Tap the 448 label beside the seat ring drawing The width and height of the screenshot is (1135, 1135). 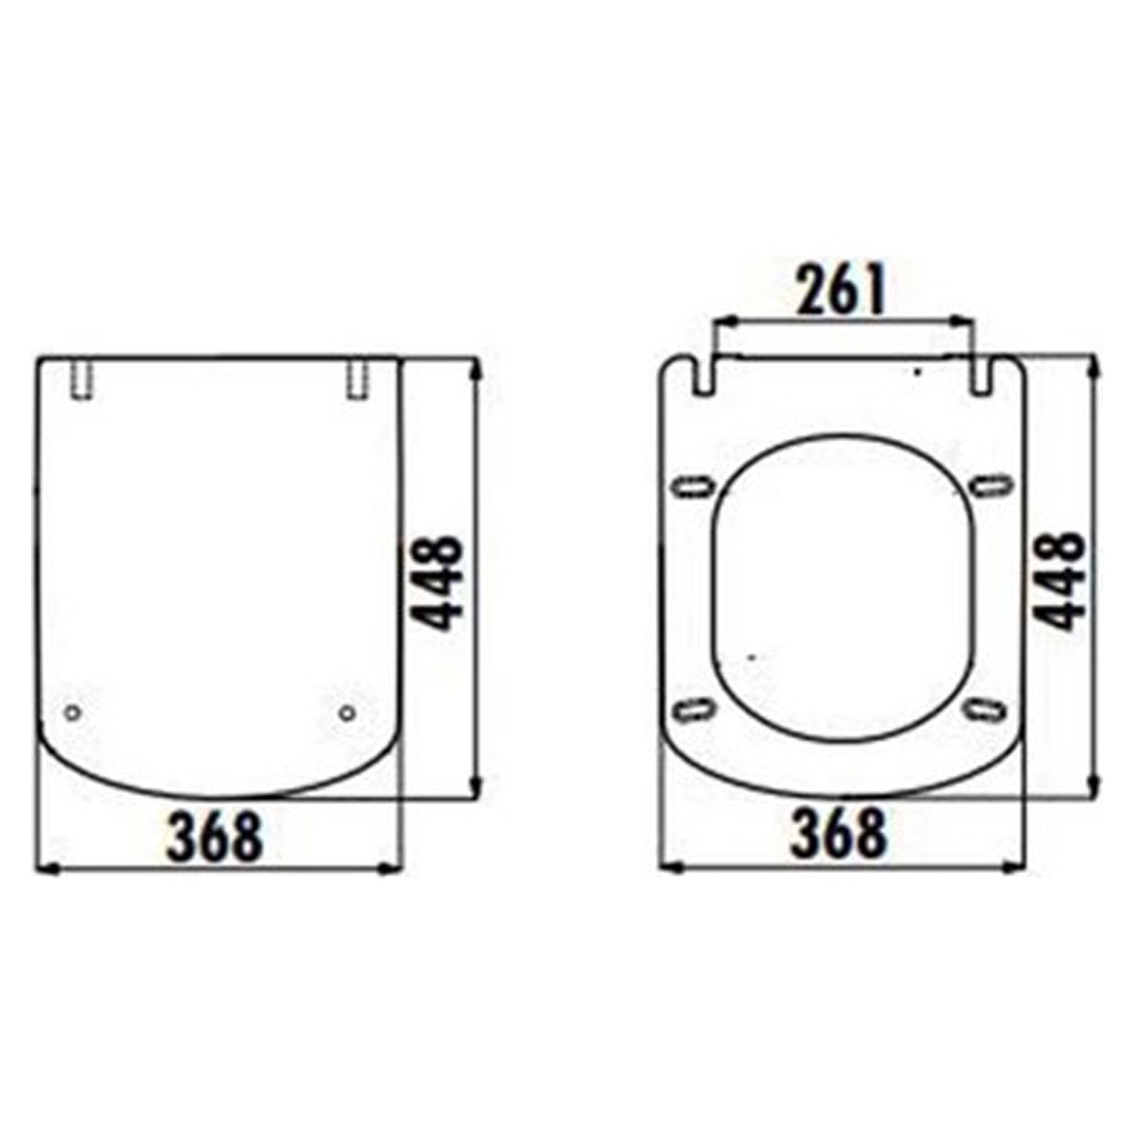[x=1059, y=581]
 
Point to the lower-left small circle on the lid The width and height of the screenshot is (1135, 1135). [x=73, y=713]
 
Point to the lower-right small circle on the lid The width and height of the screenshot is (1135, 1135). [x=347, y=713]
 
